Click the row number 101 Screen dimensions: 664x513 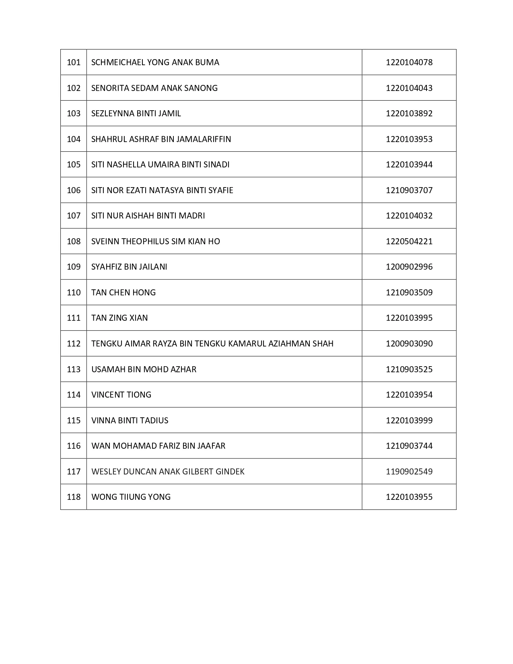point(74,62)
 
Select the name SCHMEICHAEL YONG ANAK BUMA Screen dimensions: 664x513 point(155,62)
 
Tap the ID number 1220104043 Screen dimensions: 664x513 point(409,88)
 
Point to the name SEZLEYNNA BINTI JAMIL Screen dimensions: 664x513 point(136,113)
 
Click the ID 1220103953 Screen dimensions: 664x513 point(409,139)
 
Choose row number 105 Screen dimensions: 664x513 point(74,165)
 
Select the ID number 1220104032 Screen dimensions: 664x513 point(409,216)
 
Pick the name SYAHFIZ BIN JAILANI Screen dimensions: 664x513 point(129,267)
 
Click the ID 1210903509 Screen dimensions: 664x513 point(409,293)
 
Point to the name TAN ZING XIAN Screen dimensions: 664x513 point(119,318)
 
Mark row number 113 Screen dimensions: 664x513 point(74,369)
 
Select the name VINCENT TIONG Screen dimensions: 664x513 point(121,395)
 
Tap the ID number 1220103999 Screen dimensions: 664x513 point(409,421)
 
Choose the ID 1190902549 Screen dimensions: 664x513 point(409,472)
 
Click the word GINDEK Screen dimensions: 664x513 point(231,472)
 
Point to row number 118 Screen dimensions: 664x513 point(74,497)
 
